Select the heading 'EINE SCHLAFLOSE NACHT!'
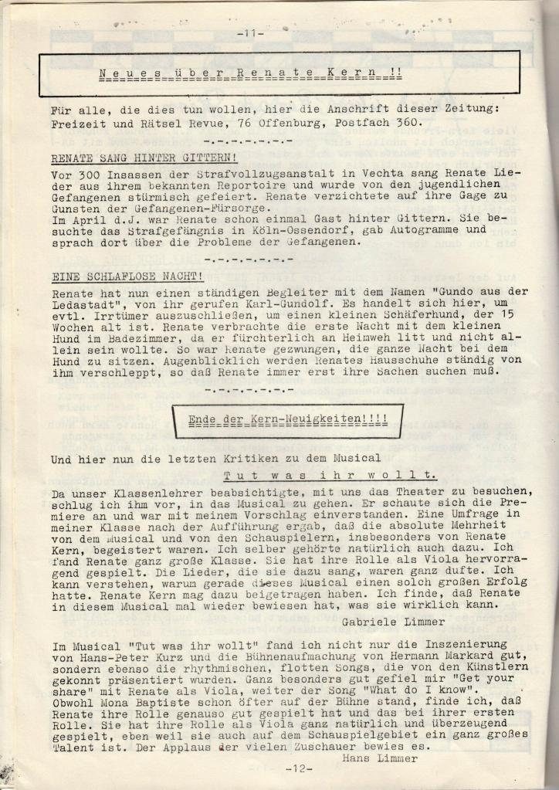coord(127,276)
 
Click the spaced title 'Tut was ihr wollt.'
coord(330,476)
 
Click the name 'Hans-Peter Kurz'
coord(135,656)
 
